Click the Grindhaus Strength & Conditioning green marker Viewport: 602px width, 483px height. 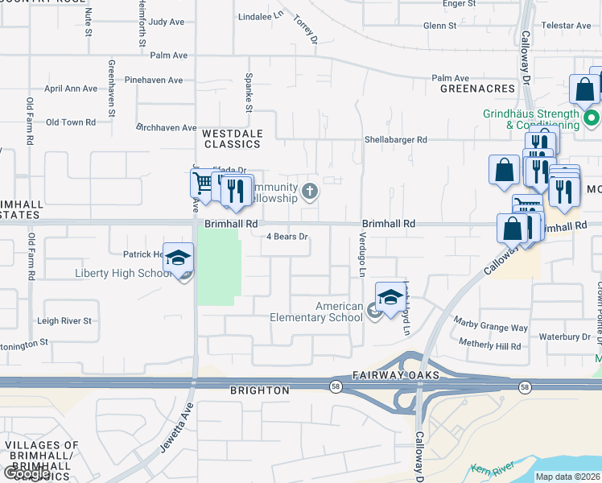click(x=592, y=120)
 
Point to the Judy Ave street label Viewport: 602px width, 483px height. click(x=167, y=22)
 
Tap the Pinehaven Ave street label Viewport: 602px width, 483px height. click(x=154, y=80)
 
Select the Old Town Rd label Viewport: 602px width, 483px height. click(x=71, y=122)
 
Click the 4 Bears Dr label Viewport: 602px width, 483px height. click(x=288, y=237)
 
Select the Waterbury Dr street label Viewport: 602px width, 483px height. click(x=565, y=336)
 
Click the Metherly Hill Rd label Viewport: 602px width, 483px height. click(x=489, y=346)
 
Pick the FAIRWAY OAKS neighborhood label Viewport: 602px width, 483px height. click(x=395, y=376)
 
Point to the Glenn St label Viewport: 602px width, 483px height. click(x=440, y=26)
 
